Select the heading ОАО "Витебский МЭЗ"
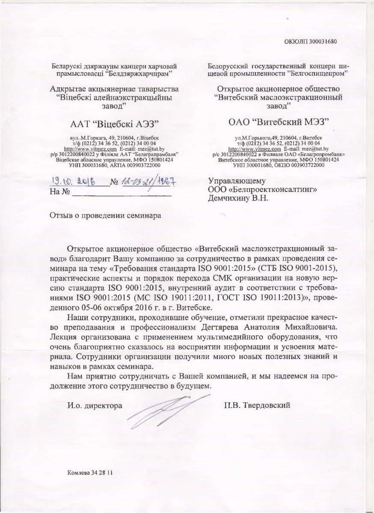[x=279, y=123]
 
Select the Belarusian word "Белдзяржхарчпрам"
[x=137, y=74]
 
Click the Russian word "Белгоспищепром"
[x=316, y=74]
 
